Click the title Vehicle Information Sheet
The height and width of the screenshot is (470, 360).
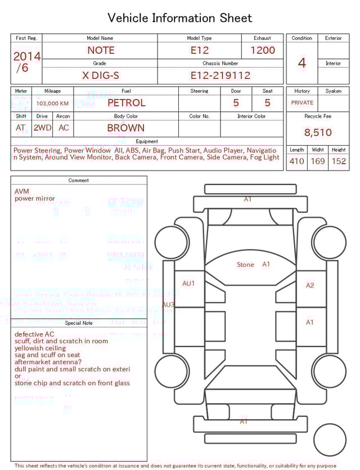[x=180, y=18]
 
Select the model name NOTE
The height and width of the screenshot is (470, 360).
[x=101, y=50]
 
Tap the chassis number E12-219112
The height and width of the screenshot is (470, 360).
[x=220, y=75]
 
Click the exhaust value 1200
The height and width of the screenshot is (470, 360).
[x=263, y=50]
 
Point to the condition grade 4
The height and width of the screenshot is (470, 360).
[x=302, y=63]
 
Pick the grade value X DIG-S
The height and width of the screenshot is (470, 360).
[x=101, y=75]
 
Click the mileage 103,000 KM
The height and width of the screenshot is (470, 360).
[x=52, y=104]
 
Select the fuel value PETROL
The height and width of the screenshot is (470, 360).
[x=126, y=103]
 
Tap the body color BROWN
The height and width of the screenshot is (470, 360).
[x=126, y=128]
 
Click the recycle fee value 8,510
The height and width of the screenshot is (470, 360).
[x=318, y=133]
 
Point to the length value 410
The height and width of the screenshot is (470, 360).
[x=296, y=162]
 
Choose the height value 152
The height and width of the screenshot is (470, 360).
[x=339, y=162]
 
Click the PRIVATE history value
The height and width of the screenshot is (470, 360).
[x=302, y=103]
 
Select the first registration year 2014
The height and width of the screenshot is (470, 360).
[x=27, y=56]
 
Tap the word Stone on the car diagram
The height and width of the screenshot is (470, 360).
[x=245, y=265]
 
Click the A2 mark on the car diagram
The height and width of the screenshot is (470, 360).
[x=310, y=285]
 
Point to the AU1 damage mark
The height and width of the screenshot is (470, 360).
[x=188, y=284]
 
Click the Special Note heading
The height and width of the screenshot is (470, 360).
[x=79, y=323]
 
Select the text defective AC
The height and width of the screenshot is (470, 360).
[x=34, y=334]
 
